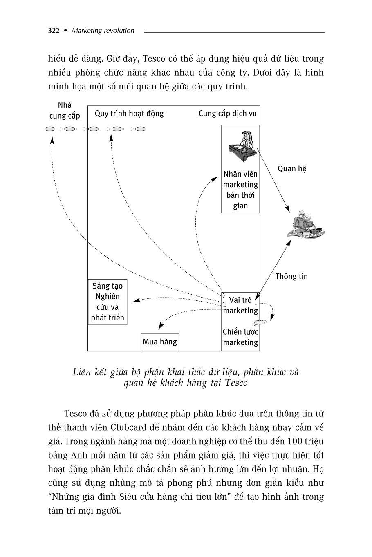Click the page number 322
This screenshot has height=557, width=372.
(x=54, y=31)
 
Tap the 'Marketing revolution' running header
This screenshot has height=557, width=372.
(x=103, y=31)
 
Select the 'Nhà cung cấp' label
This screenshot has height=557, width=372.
(x=65, y=111)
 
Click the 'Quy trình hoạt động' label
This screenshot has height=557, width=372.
(x=129, y=114)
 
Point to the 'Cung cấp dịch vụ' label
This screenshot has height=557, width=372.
(x=228, y=114)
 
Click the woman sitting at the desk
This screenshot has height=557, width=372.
(x=242, y=145)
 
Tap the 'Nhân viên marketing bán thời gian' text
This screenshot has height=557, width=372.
(x=240, y=190)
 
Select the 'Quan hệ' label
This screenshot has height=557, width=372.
(x=292, y=169)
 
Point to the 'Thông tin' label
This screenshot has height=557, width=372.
(x=291, y=277)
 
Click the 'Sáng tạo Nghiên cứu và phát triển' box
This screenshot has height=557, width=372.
(x=108, y=302)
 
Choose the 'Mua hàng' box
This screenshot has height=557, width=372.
(x=160, y=342)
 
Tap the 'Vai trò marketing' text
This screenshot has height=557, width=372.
(x=240, y=305)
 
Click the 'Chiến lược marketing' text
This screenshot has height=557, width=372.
(x=240, y=337)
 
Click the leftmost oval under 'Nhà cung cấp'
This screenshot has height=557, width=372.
(x=50, y=129)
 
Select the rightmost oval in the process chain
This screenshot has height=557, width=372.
(x=141, y=129)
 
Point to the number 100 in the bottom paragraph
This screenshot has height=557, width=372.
(x=295, y=442)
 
